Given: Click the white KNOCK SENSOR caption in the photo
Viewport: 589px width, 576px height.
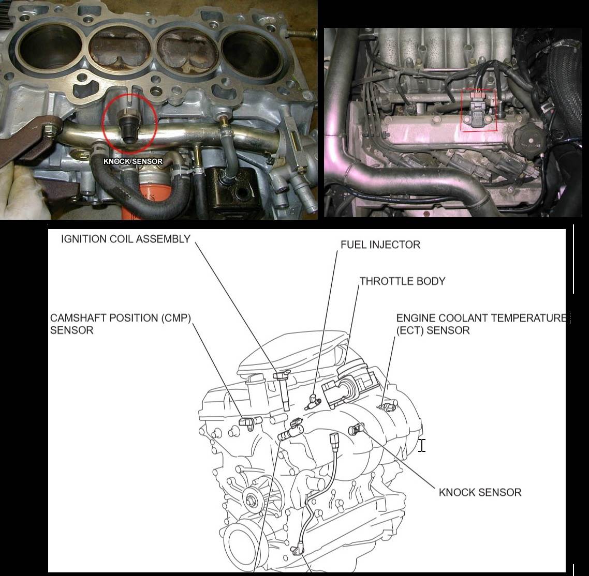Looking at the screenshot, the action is click(x=133, y=161).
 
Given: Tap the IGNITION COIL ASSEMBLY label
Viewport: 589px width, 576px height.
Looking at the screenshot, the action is click(x=125, y=239).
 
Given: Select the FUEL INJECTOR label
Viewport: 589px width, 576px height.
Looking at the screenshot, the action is click(x=380, y=245).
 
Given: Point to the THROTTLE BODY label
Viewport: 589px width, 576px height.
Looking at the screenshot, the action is click(x=402, y=281).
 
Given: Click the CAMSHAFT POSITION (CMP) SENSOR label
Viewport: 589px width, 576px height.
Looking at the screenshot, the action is click(x=121, y=324).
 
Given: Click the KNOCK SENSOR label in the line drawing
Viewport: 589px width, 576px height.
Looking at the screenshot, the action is click(x=480, y=492).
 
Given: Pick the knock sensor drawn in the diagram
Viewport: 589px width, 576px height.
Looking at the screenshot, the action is click(x=356, y=430).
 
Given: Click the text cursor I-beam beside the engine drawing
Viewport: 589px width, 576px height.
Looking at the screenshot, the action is click(x=422, y=445).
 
